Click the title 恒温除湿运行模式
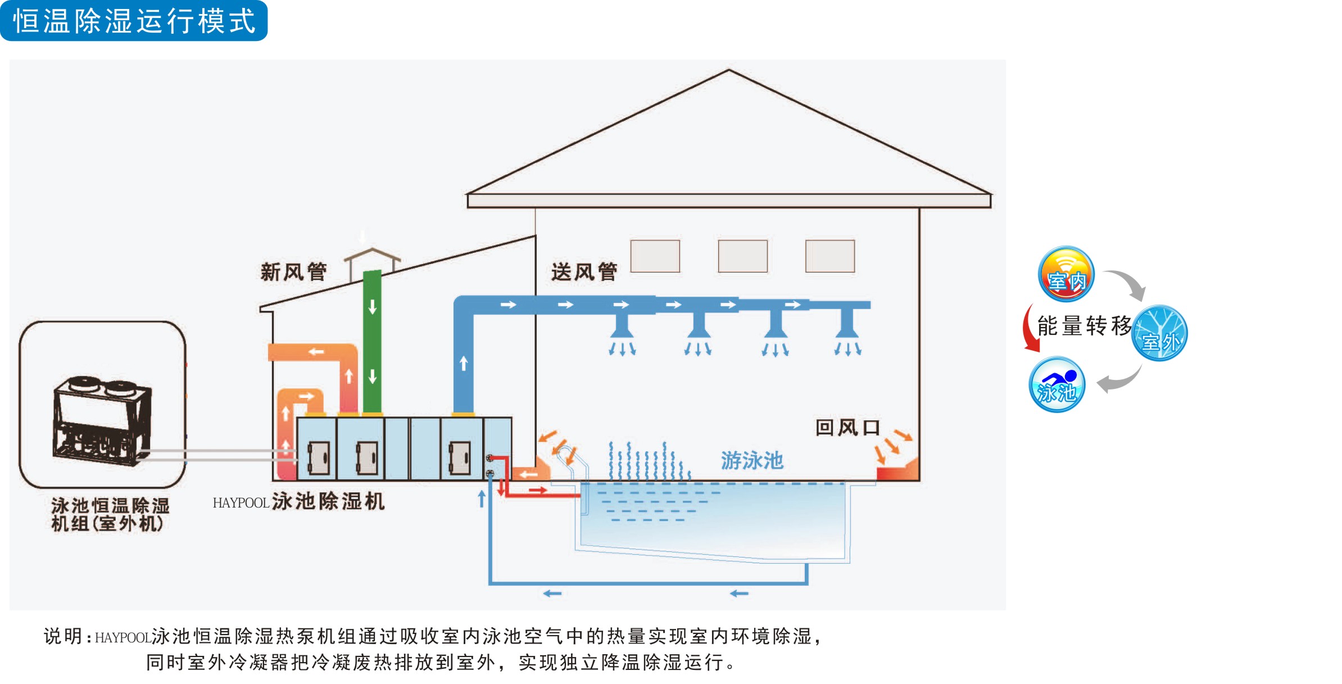point(134,21)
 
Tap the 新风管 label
point(293,272)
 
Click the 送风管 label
point(584,272)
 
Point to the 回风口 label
point(847,428)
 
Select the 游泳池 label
point(752,460)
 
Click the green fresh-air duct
point(372,343)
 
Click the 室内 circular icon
point(1066,275)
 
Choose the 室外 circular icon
point(1160,333)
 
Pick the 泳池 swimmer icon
point(1057,385)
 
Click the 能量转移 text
point(1084,325)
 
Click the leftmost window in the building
point(655,256)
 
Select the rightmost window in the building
point(829,256)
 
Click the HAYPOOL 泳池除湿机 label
point(299,501)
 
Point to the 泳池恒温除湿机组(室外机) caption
point(110,514)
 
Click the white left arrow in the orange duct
point(316,352)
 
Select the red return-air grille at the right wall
point(897,471)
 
